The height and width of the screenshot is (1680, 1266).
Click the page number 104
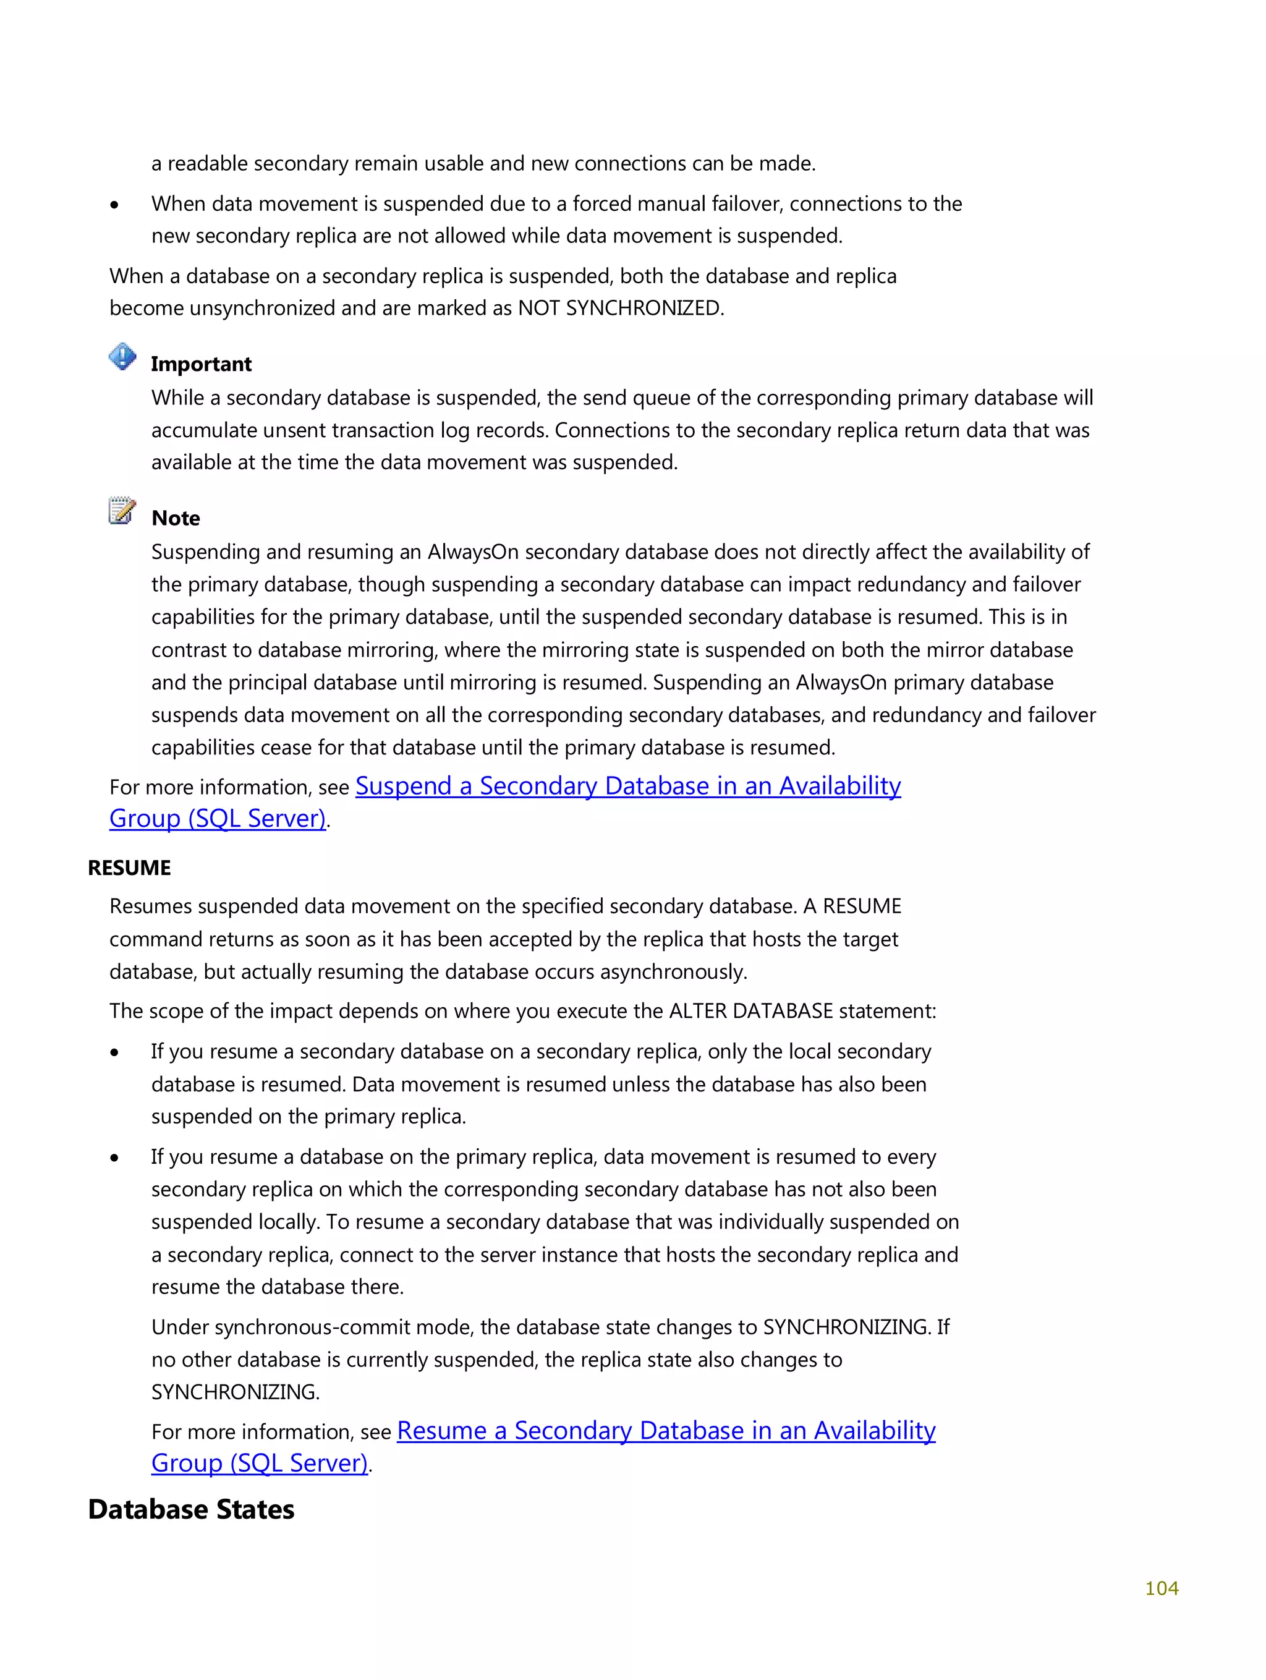[x=1160, y=1587]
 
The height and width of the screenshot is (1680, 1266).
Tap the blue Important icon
[x=122, y=356]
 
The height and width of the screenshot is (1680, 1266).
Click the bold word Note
[x=176, y=518]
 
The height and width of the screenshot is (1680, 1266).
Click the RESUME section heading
[x=129, y=868]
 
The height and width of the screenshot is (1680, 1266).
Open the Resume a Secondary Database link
[x=665, y=1431]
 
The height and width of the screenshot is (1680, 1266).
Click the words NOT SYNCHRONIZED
[x=620, y=309]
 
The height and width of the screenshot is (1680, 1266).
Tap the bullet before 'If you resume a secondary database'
[x=115, y=1052]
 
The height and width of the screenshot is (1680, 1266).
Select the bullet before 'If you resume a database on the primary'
[x=115, y=1158]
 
